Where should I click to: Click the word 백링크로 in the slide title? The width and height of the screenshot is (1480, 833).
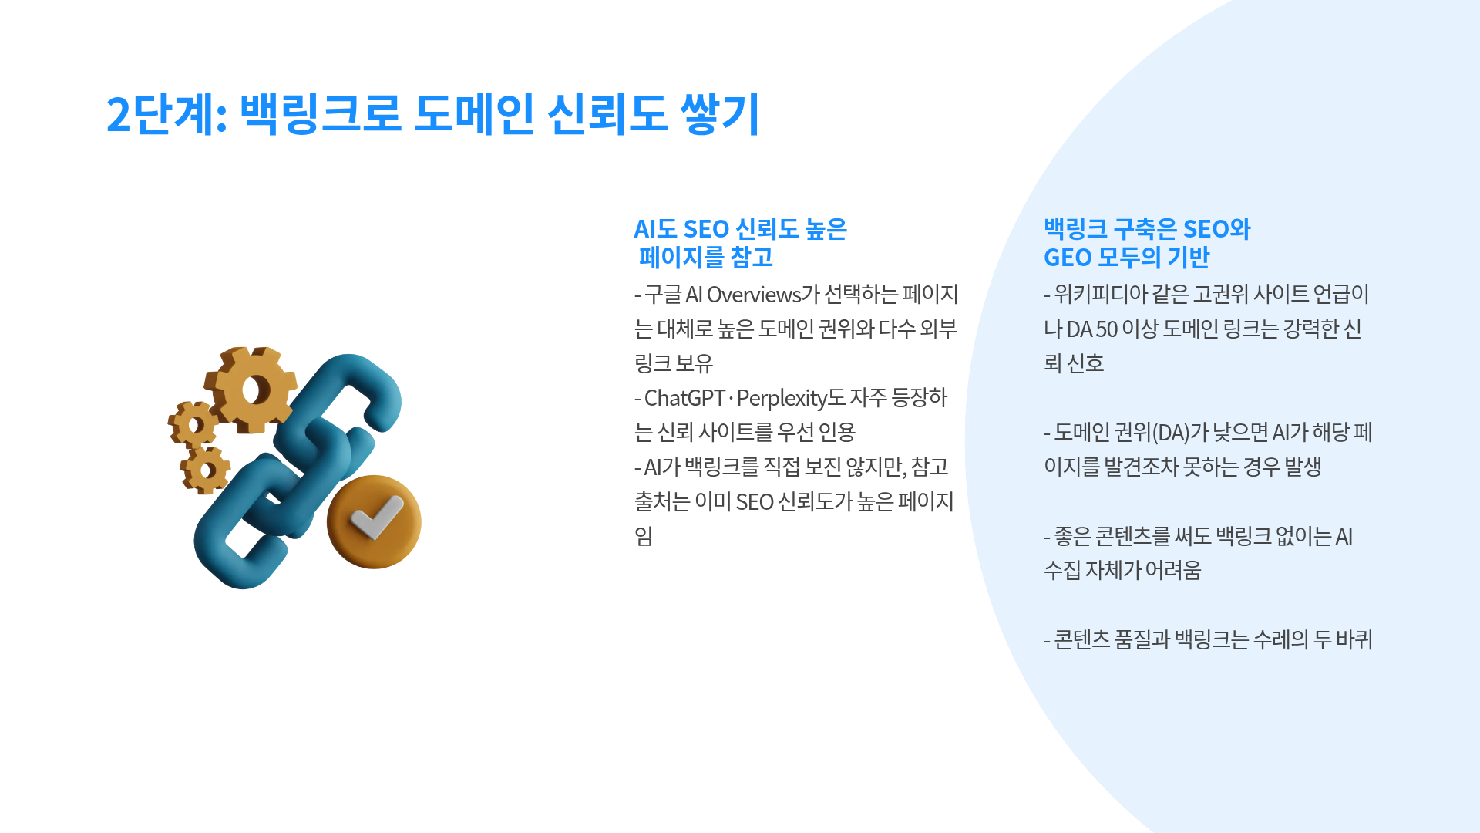coord(321,113)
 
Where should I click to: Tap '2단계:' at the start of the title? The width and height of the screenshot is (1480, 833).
coord(166,113)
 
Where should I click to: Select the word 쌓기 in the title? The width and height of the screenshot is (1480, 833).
coord(720,113)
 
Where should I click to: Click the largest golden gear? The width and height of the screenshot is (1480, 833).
coord(251,389)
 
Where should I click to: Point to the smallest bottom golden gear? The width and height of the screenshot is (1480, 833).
coord(205,470)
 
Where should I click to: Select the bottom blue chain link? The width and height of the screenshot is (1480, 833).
coord(247,524)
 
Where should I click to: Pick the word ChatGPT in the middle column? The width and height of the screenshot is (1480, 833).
coord(684,398)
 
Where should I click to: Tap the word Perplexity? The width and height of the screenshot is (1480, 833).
coord(782,399)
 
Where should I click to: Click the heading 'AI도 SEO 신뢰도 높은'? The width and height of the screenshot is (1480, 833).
coord(740,229)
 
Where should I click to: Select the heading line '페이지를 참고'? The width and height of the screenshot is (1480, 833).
coord(706,258)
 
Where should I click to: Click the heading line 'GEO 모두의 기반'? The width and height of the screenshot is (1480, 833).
coord(1127,258)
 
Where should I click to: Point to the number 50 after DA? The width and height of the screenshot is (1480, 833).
coord(1106,329)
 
